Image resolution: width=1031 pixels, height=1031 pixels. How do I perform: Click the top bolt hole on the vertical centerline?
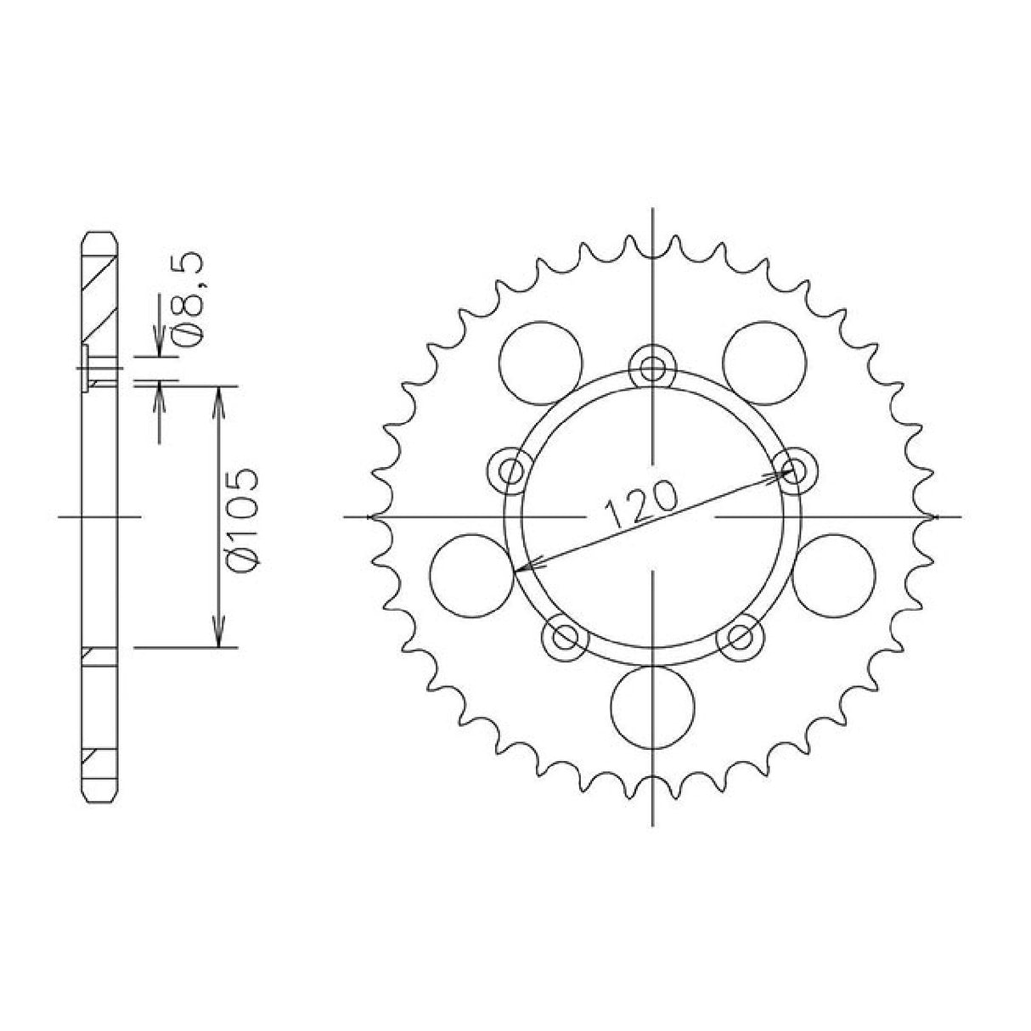652,368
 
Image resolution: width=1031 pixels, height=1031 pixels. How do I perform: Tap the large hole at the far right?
833,575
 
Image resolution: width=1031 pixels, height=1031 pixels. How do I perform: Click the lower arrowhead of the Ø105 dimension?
220,639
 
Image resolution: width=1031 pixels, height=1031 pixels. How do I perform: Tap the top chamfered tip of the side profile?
99,238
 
